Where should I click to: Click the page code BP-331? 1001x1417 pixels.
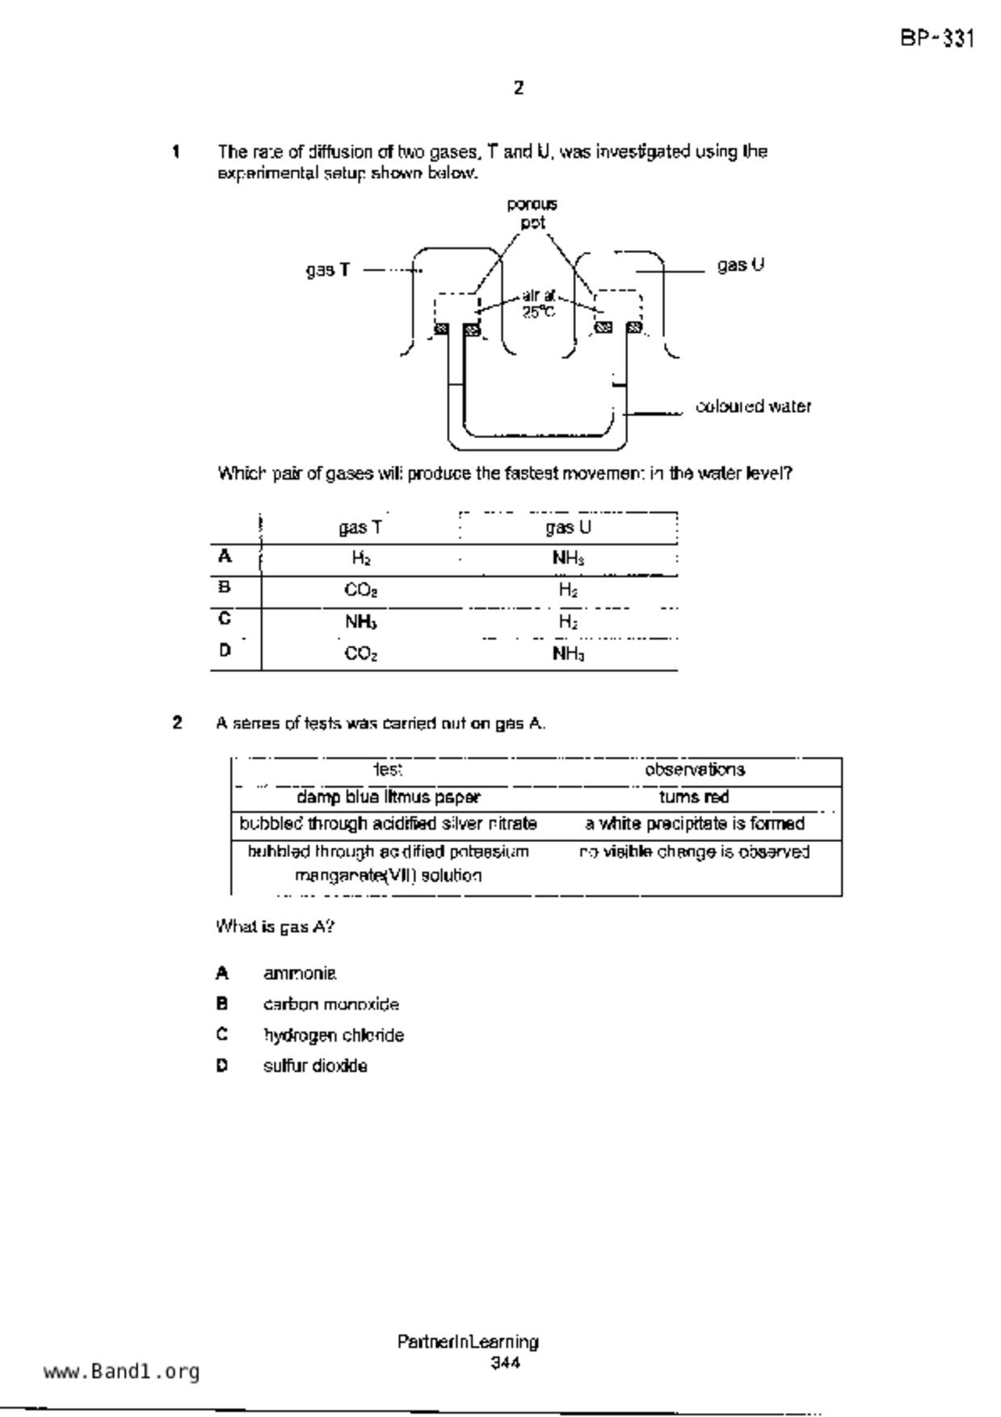(x=937, y=39)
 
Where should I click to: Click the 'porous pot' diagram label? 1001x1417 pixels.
(x=532, y=213)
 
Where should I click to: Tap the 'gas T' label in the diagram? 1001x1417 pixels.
(x=328, y=270)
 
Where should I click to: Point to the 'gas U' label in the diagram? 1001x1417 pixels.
(x=740, y=265)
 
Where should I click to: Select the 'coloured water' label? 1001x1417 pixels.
(x=753, y=406)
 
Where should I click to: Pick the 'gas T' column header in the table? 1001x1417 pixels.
(x=360, y=528)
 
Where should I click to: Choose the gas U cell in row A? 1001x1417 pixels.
(x=568, y=557)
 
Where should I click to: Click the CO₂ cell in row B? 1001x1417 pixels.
(x=360, y=590)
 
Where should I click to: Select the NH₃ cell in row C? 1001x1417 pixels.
(x=360, y=621)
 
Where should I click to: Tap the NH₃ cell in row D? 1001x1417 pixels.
(x=568, y=653)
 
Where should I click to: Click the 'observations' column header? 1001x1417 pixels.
(x=695, y=770)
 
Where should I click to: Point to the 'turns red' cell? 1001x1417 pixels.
(x=694, y=797)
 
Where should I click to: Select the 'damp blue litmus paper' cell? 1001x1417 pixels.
(x=389, y=797)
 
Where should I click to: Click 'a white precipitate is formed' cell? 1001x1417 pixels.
(x=695, y=824)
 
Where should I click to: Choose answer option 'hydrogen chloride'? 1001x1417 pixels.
(x=333, y=1035)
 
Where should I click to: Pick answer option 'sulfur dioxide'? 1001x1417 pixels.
(x=315, y=1066)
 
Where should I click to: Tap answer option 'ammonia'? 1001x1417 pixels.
(x=300, y=973)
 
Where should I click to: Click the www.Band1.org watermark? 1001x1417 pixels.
(x=121, y=1372)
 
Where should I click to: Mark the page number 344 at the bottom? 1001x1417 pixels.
(x=505, y=1364)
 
